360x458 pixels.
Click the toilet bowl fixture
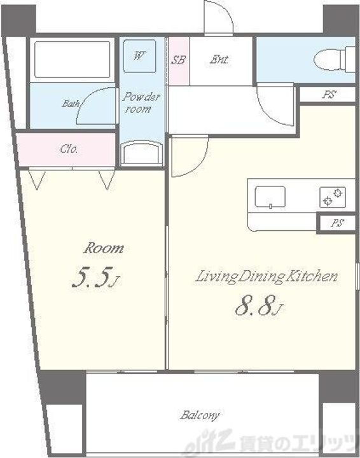point(335,59)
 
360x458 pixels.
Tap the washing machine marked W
point(139,55)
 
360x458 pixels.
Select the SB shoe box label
point(178,60)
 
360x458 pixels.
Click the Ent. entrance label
point(219,60)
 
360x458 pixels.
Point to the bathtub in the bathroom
point(72,60)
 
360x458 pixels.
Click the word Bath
point(71,104)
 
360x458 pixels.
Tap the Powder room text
point(141,102)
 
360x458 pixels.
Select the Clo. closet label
point(69,149)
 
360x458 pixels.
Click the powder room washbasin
point(142,153)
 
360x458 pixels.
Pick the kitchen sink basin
point(270,197)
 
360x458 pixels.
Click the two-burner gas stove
point(333,197)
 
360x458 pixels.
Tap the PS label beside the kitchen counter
point(337,223)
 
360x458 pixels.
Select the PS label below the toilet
point(329,94)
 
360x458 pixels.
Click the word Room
point(104,248)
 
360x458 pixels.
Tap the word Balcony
point(200,415)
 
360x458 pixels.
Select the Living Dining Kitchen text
point(267,277)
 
